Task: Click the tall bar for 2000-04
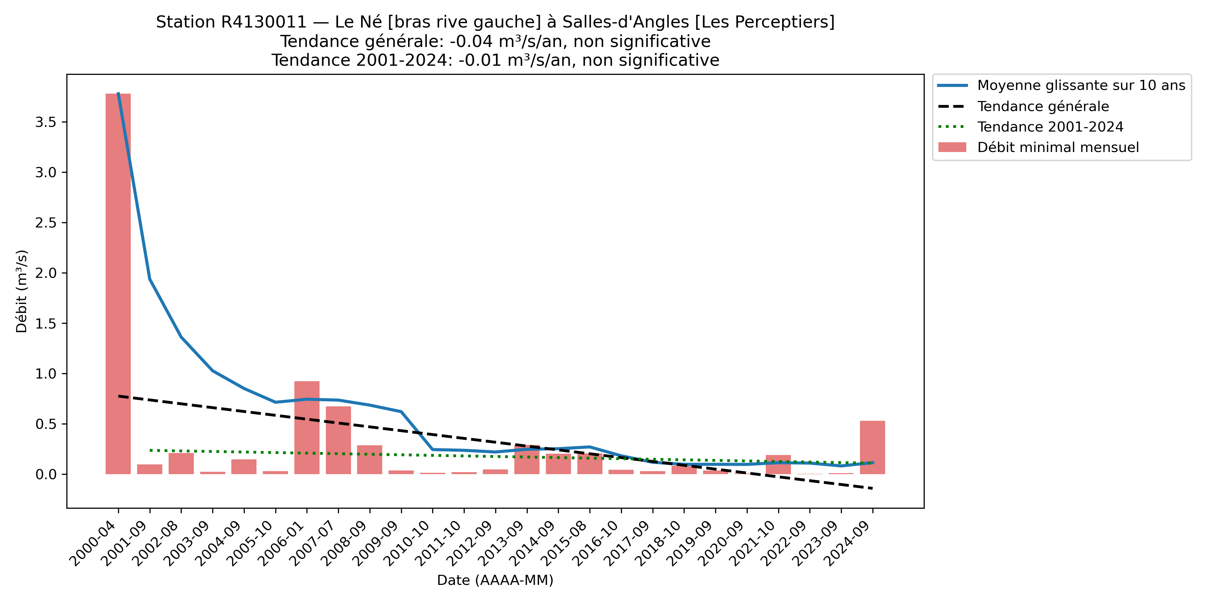(118, 284)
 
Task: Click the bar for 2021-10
(778, 464)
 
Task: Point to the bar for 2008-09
(370, 460)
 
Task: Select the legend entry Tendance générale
(1042, 106)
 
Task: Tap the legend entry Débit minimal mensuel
(1057, 148)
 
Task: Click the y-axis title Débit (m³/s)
(21, 291)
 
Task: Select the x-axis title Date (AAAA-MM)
(495, 581)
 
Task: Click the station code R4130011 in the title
(263, 22)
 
